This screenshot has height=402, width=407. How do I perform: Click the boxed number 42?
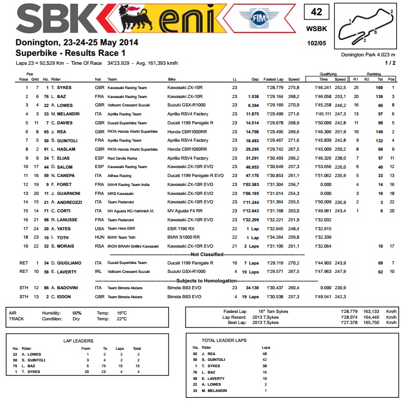coord(316,12)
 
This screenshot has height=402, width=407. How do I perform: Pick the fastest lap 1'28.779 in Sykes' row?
coord(276,87)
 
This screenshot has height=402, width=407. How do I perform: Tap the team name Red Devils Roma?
coord(122,158)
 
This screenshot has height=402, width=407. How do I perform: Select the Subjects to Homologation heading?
coord(203,281)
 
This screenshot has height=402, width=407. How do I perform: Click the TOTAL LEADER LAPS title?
coord(224,340)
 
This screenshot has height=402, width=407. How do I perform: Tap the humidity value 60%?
coord(77,312)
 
